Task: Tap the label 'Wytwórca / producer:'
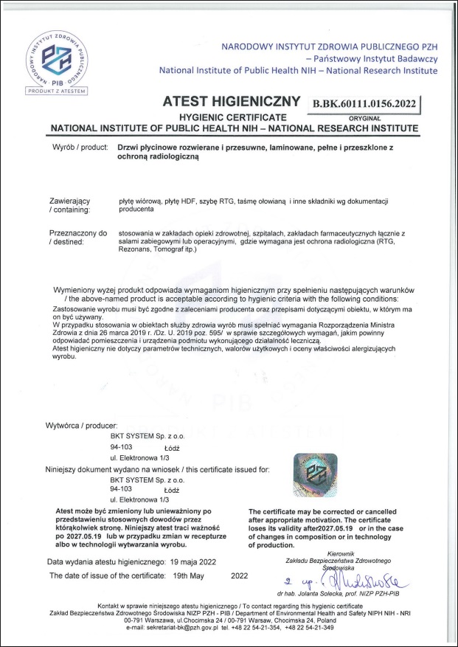click(87, 426)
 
